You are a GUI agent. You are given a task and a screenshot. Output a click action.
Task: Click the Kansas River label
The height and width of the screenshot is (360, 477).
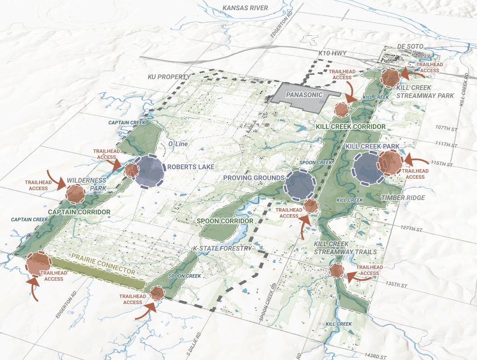point(245,8)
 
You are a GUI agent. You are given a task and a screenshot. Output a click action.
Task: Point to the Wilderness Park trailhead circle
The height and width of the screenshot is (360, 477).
point(76,193)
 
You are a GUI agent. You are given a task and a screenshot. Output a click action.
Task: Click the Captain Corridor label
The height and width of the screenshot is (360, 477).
point(79,212)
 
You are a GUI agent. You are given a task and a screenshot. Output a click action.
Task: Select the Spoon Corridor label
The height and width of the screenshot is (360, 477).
point(225,221)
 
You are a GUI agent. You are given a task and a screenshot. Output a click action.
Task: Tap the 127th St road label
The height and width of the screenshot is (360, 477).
point(413,228)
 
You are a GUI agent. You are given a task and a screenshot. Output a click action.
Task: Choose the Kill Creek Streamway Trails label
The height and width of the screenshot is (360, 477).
point(345,248)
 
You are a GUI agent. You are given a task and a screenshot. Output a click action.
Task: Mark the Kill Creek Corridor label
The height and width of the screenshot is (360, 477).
point(351,127)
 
